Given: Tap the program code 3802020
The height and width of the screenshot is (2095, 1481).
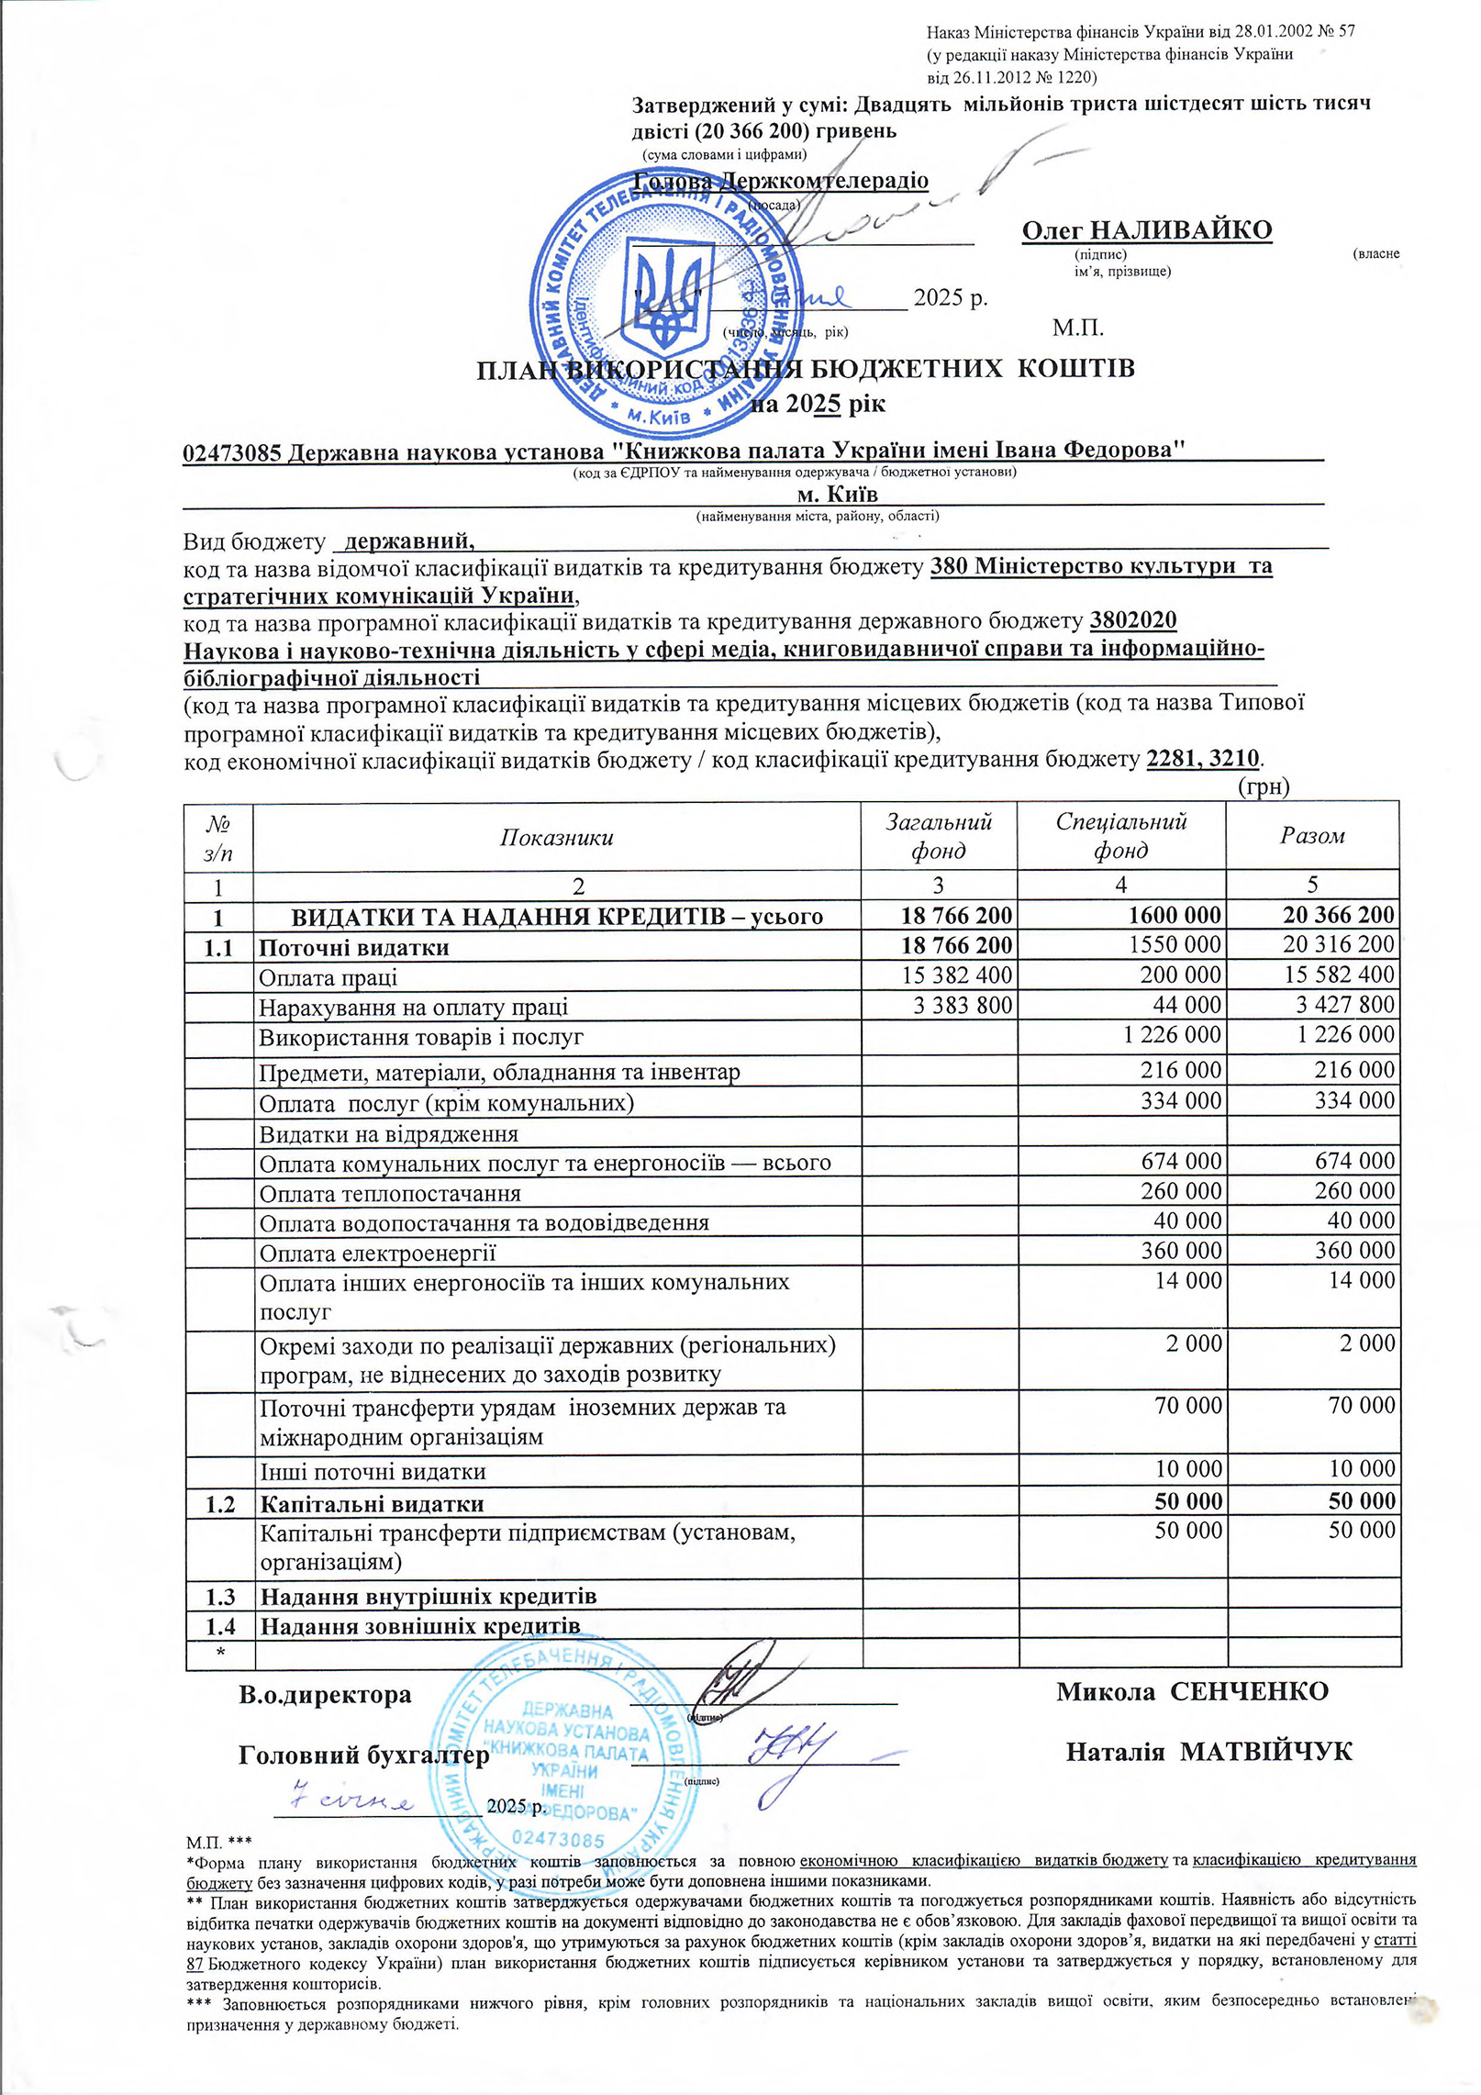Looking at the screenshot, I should coord(1133,620).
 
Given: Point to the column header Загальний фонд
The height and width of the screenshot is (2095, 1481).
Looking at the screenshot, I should coord(938,835).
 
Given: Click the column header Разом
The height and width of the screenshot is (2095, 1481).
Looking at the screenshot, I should coord(1312,835).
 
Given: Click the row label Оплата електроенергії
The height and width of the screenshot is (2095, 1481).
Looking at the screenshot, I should coord(377,1253).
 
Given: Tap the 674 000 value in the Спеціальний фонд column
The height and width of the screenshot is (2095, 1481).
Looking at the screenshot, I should coord(1181,1161).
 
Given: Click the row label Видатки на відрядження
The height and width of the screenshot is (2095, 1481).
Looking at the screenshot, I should coord(388,1134).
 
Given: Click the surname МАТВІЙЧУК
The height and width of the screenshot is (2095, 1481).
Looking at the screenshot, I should coord(1265,1752).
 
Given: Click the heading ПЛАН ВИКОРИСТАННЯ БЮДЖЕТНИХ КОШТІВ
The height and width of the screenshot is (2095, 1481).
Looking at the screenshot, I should coord(805,369).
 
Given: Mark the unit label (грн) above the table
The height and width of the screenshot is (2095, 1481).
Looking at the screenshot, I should coord(1264,786).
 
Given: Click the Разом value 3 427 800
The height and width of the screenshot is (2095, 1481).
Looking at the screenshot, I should coord(1344,1005).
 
